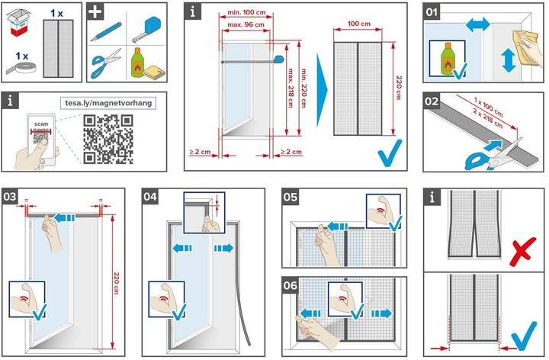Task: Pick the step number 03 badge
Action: click(11, 195)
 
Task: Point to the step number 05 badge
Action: click(290, 195)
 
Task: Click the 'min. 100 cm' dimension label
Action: click(245, 13)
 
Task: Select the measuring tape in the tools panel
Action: click(149, 31)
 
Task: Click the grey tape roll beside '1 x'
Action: click(50, 68)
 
